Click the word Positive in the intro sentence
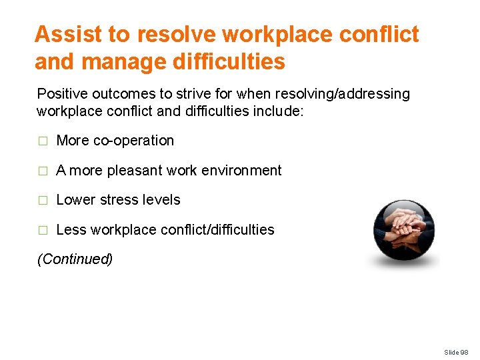(x=60, y=94)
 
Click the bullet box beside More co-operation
(x=43, y=141)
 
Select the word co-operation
(x=133, y=141)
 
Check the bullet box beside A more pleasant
(x=43, y=171)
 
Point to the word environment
(x=241, y=171)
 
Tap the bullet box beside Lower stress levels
(x=43, y=201)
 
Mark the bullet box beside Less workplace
(x=43, y=231)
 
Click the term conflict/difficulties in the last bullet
(x=217, y=230)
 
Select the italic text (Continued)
(x=75, y=259)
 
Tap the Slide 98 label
(x=457, y=351)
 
